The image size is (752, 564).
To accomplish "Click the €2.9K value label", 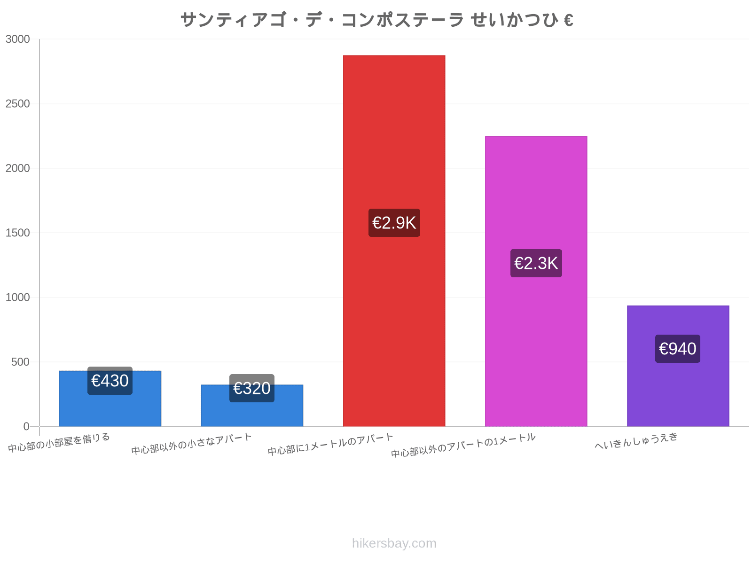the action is point(394,223).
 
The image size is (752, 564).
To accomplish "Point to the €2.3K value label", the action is point(536,263).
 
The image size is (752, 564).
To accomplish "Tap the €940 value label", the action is point(677,349).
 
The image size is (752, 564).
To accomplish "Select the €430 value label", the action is point(110,380).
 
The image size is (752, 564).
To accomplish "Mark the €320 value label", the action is point(251,388).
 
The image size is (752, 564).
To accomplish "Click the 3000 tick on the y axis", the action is point(17,39).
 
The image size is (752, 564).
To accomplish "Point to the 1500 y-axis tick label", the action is point(17,233).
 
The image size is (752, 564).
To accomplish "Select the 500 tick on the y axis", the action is point(20,361).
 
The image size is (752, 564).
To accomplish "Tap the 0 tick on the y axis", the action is point(26,426).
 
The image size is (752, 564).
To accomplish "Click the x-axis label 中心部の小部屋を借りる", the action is point(59,442).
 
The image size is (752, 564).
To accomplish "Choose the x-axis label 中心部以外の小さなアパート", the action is point(191,444).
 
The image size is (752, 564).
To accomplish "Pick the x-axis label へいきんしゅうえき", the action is point(636,440).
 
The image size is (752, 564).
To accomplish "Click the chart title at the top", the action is point(377,20).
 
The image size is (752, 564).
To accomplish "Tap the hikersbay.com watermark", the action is point(394,543).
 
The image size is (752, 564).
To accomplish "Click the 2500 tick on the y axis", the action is point(17,103).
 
